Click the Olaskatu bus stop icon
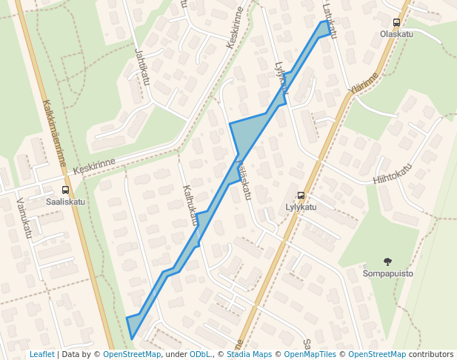tap(396, 23)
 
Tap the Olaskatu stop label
tap(396, 34)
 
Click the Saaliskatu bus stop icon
tap(65, 190)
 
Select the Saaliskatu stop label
tap(65, 201)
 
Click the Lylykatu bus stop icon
tap(300, 196)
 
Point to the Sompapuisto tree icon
tap(387, 261)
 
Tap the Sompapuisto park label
tap(388, 273)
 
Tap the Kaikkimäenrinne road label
tap(54, 133)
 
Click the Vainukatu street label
tap(24, 221)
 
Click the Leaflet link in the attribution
tap(42, 354)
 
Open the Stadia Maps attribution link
tap(253, 354)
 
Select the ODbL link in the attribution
tap(201, 354)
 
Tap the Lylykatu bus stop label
tap(301, 207)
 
